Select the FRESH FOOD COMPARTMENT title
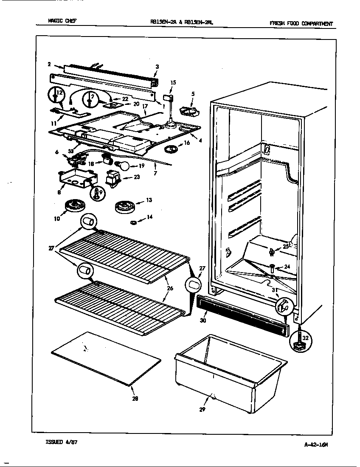[x=301, y=24]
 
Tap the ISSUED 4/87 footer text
[x=61, y=442]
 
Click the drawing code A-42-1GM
[x=316, y=444]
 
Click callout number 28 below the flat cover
[x=135, y=398]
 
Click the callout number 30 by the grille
[x=203, y=321]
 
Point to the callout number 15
[x=173, y=83]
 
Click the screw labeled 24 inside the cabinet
[x=271, y=267]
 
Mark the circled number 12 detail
[x=56, y=95]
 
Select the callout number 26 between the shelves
[x=169, y=289]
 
